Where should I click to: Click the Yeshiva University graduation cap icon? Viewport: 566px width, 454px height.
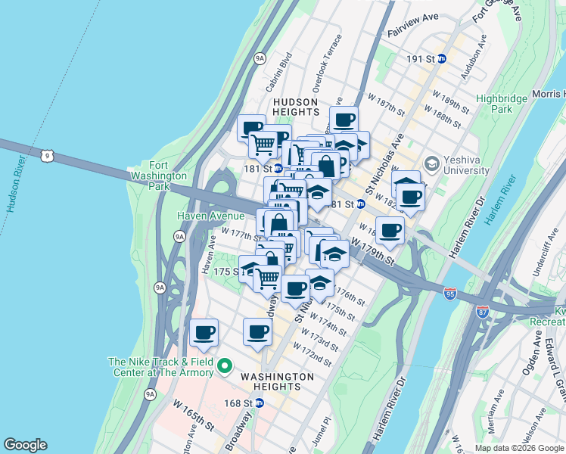pos(431,163)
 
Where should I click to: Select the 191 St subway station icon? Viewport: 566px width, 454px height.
pos(443,58)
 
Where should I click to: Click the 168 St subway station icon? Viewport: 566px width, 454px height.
pos(259,403)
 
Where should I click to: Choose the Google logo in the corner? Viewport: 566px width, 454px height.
pos(25,445)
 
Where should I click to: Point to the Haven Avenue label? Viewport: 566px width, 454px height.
pos(210,216)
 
